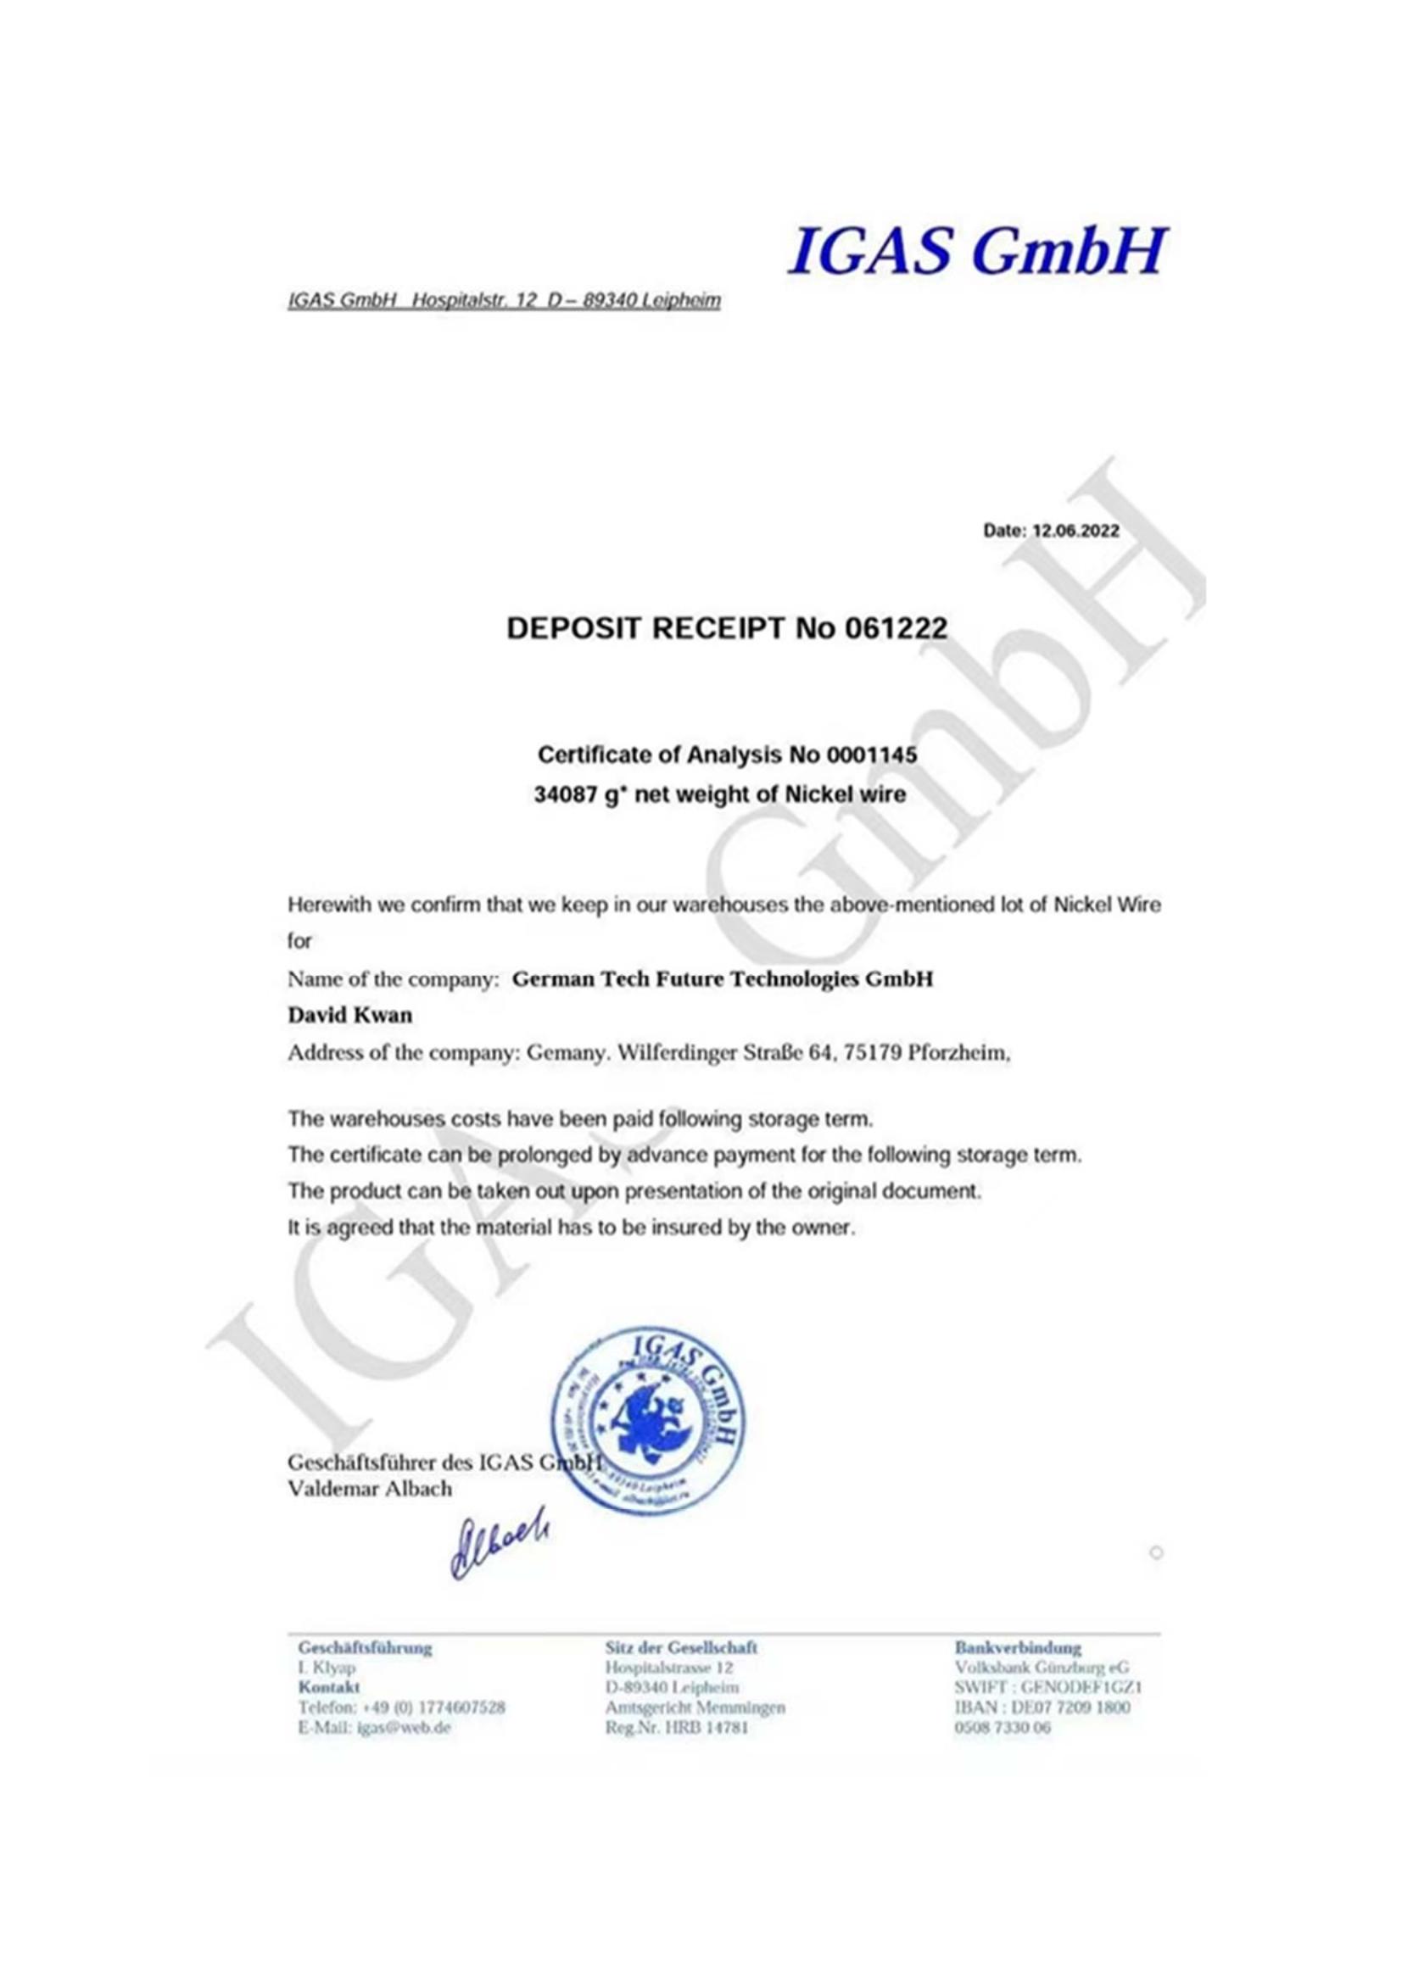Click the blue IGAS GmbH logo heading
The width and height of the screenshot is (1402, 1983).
tap(976, 250)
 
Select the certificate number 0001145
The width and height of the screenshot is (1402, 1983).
tap(872, 755)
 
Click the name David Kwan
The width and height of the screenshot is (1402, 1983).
tap(349, 1016)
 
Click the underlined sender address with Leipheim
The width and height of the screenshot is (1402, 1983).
tap(504, 302)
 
